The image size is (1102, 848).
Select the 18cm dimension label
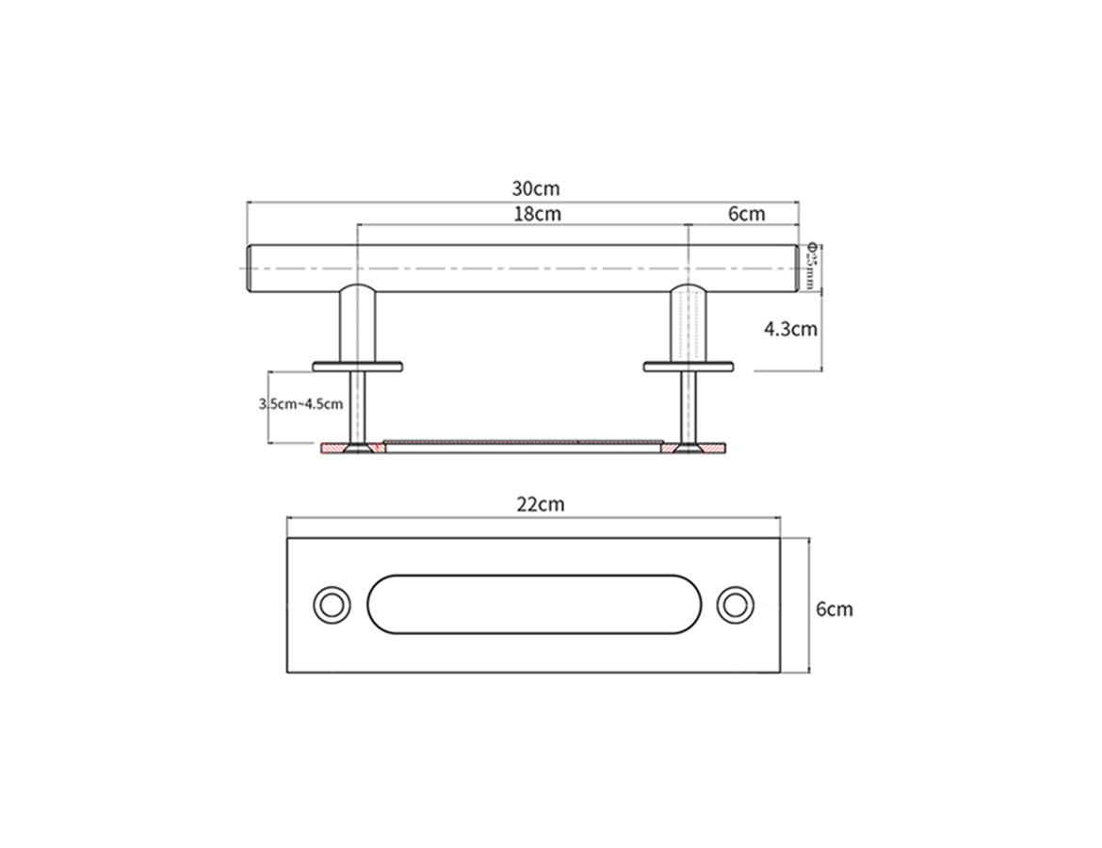pos(537,214)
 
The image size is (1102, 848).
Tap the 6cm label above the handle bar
pos(746,214)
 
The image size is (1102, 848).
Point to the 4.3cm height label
pos(789,330)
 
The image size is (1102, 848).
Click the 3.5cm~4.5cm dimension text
pos(300,403)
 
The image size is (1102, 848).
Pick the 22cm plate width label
pos(540,504)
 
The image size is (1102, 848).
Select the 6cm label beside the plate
pos(834,609)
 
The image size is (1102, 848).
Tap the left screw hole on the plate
pos(331,604)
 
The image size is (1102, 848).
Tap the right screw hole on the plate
pos(734,604)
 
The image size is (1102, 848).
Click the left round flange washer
pos(357,366)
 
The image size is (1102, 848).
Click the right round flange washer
pos(689,366)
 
